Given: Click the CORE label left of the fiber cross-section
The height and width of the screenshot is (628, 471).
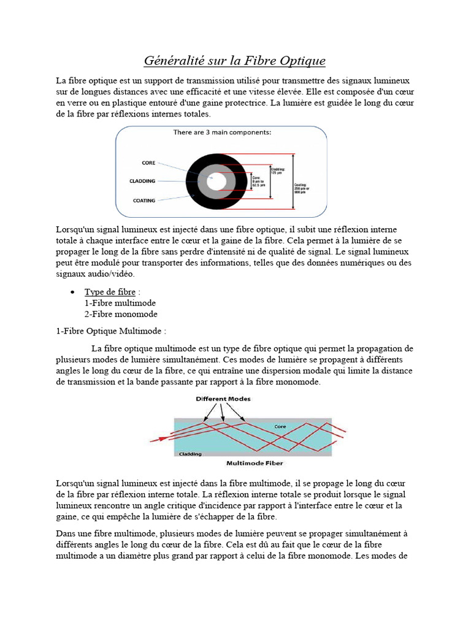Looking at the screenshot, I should [x=148, y=163].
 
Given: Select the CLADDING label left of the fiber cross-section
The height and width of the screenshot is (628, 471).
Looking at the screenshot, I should [x=142, y=181].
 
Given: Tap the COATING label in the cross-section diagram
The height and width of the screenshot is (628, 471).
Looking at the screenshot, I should [x=144, y=200].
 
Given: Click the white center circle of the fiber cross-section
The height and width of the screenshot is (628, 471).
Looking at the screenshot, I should [x=215, y=181].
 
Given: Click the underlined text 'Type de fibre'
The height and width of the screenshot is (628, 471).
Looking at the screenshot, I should [x=110, y=292].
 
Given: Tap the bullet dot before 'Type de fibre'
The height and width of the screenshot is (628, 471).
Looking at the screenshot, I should [x=73, y=292].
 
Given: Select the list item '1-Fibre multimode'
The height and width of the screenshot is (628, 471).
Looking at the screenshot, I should [x=120, y=303].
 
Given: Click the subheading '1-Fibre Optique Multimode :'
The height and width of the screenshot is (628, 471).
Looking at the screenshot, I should [x=111, y=331].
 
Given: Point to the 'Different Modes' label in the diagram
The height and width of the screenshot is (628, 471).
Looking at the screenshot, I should [x=223, y=399].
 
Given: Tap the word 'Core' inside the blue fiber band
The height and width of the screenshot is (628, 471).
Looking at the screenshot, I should [x=280, y=426].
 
